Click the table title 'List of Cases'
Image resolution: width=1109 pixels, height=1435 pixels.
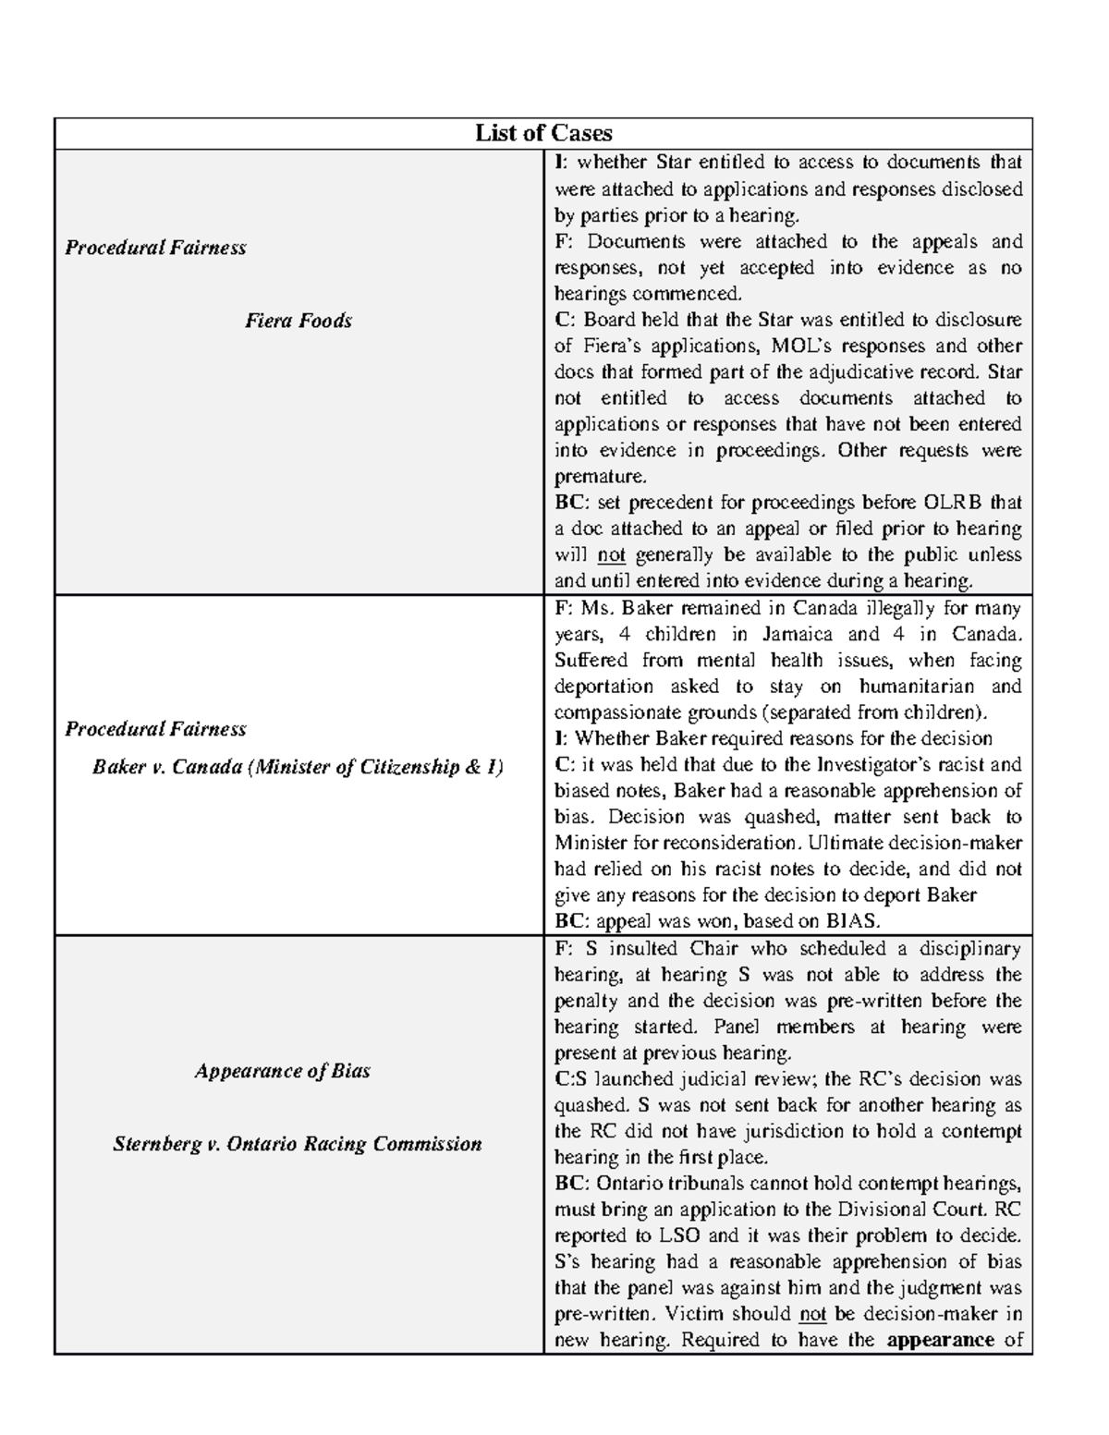coord(543,133)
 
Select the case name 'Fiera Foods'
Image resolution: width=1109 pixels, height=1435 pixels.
coord(299,321)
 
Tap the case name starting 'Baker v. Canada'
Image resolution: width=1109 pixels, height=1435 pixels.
coord(298,767)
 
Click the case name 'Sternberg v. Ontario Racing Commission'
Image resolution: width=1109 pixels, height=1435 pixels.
coord(298,1144)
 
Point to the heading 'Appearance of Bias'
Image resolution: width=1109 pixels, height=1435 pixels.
coord(283,1071)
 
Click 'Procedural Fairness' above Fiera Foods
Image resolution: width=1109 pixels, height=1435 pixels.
coord(155,248)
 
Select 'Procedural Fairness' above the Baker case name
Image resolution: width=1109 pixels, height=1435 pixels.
coord(155,729)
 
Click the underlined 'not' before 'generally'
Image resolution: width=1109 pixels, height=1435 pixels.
coord(612,555)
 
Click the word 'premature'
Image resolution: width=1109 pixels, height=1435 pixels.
coord(598,477)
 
